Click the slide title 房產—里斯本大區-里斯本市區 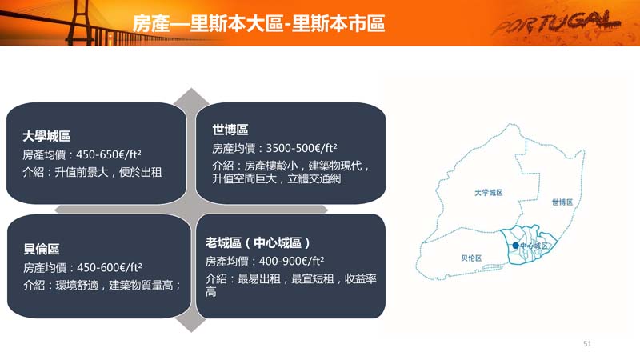258,23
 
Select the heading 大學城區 47,136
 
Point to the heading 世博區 230,130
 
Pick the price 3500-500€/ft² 302,148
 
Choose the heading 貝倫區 42,249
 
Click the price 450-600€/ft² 110,267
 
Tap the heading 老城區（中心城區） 258,243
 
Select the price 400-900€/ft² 291,261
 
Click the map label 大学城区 489,192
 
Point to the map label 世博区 562,202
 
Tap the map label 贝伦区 471,258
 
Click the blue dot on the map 515,246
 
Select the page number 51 587,344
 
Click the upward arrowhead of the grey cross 191,95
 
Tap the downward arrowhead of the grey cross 191,325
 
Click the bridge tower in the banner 80,22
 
